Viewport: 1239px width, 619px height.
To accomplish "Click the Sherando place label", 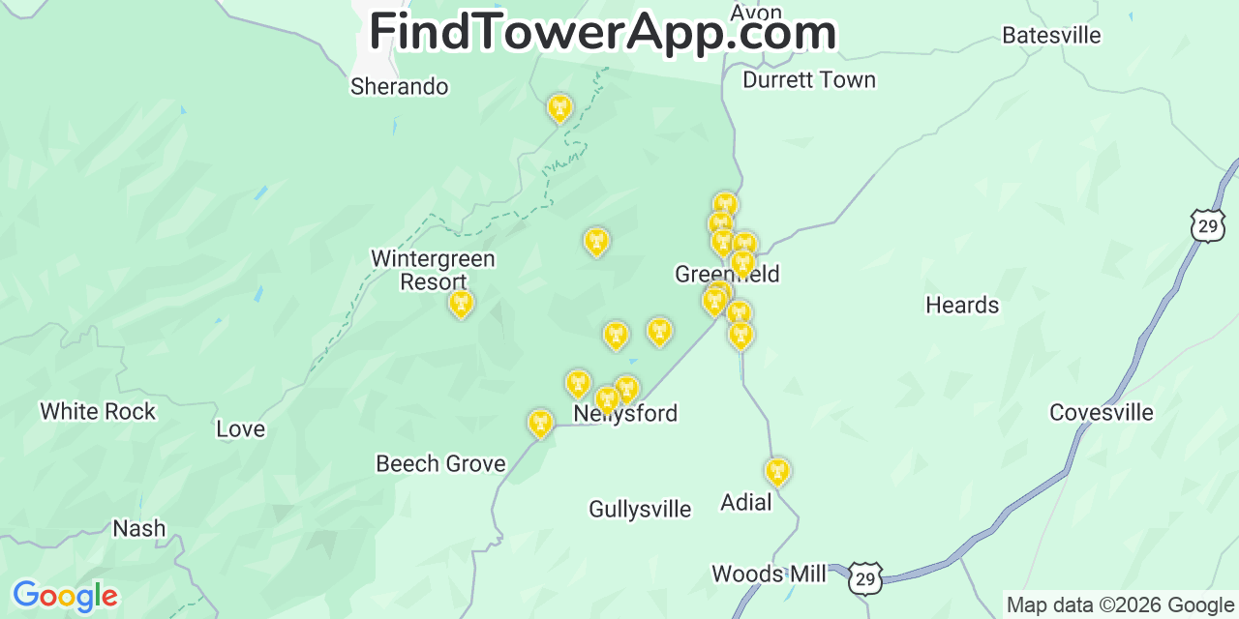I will pos(399,87).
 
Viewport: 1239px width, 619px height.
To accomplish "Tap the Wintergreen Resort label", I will pos(433,270).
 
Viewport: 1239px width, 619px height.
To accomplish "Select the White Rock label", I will pos(98,412).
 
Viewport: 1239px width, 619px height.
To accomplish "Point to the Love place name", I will pos(240,429).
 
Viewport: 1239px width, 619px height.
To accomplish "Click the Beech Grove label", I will pos(440,464).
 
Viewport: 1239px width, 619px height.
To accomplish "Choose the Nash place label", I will pos(139,529).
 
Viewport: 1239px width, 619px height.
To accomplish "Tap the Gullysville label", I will pos(640,510).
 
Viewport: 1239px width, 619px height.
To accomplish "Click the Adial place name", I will pos(746,503).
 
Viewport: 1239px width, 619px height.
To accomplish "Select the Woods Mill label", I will pos(770,575).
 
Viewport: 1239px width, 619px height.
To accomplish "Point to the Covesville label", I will pos(1102,413).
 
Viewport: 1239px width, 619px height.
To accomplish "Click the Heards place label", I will pos(962,306).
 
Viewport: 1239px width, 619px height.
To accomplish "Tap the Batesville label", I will pos(1051,36).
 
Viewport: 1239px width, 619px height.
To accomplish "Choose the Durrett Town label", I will pos(809,80).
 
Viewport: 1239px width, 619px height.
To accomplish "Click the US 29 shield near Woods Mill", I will pos(865,578).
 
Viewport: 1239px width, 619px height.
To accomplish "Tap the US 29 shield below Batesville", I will pos(1207,226).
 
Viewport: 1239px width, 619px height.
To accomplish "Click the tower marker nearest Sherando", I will pos(559,107).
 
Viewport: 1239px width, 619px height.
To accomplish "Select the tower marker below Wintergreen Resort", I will pos(462,304).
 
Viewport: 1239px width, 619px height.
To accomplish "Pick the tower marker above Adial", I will pos(776,471).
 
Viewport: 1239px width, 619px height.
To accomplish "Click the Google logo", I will pos(64,596).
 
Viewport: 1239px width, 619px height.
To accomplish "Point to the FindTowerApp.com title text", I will pos(602,32).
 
